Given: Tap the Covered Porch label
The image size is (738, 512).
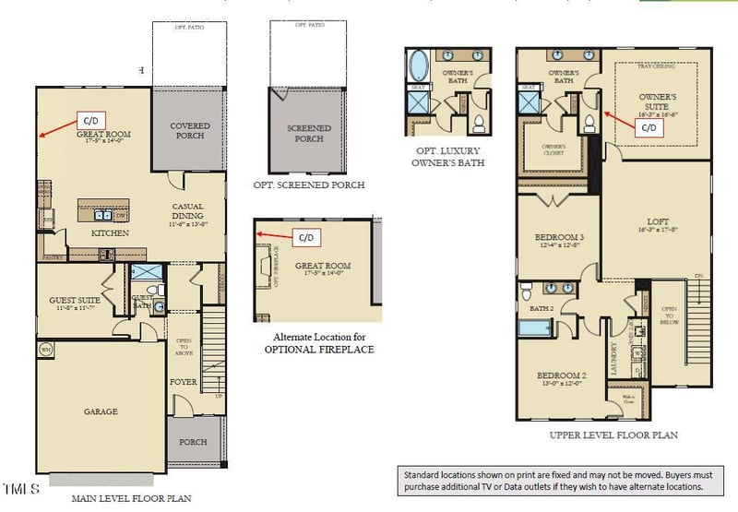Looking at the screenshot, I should tap(189, 131).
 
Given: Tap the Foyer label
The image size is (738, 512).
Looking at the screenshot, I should tap(184, 380).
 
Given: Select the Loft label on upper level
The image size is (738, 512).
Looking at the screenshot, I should tap(657, 221).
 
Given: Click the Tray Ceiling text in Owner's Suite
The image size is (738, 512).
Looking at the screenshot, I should tap(658, 66).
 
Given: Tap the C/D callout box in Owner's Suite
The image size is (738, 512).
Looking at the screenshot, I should tap(648, 127).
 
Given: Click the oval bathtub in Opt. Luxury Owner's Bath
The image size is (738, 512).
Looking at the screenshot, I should tap(417, 68).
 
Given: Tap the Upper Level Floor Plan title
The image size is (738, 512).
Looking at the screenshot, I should tap(613, 435).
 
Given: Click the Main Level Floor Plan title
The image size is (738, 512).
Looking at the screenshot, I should tap(132, 498).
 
